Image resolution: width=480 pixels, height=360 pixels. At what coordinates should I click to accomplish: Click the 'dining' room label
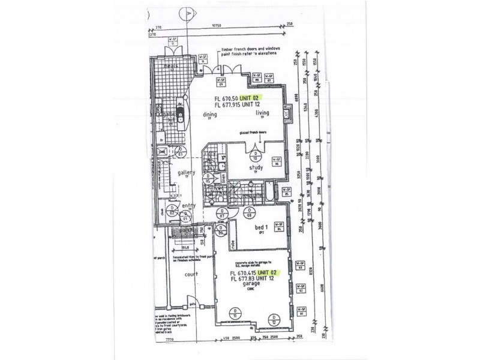click(210, 113)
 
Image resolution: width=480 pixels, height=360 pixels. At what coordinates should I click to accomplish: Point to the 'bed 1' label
click(261, 227)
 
